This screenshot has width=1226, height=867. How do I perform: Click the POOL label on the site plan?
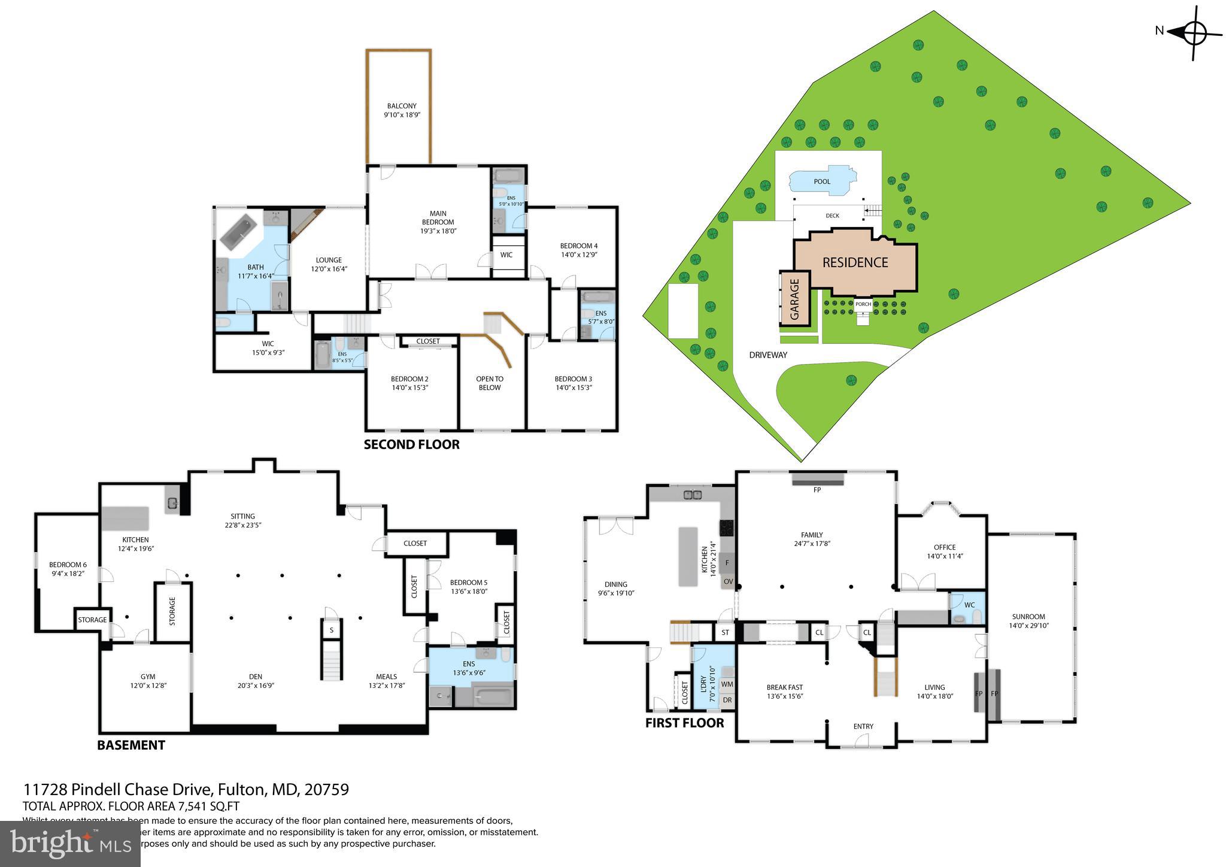click(822, 181)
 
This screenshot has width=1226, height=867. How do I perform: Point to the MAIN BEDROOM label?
click(438, 222)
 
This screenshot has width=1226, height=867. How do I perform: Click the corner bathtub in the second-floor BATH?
click(239, 232)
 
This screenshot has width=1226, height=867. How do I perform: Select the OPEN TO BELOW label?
click(490, 383)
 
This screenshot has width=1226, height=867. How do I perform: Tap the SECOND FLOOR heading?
click(412, 445)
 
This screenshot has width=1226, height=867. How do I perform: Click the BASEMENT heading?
click(131, 745)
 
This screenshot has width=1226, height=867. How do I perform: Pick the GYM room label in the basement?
click(148, 677)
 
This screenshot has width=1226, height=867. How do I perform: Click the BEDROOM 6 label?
click(68, 565)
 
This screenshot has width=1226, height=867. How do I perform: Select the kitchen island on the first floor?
click(688, 556)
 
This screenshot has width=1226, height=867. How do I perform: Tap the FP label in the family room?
click(817, 490)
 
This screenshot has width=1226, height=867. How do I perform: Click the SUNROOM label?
click(1028, 617)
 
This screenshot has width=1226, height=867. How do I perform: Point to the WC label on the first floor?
click(969, 605)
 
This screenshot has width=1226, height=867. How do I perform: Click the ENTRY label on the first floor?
click(863, 726)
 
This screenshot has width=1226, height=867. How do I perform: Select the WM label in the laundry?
click(727, 684)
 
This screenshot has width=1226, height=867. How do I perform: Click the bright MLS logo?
click(70, 844)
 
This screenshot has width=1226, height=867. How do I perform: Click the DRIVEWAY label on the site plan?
click(768, 355)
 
